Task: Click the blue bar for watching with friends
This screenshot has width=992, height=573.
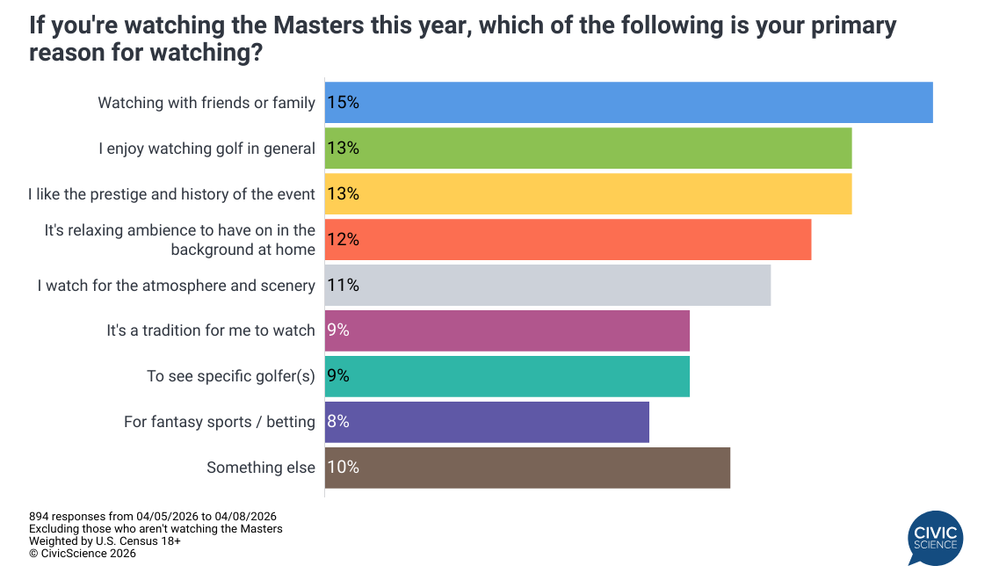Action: [628, 103]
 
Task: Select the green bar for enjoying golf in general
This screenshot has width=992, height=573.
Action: [588, 149]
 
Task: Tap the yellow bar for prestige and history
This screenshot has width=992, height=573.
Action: [588, 194]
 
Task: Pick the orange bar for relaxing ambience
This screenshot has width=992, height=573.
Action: [568, 240]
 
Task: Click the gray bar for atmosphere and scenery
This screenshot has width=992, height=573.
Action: [547, 286]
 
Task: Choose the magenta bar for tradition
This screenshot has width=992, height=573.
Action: [507, 330]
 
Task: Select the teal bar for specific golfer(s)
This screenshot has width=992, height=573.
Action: [507, 376]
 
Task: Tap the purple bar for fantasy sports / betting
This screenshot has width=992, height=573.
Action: [487, 422]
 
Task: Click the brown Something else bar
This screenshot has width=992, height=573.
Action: [527, 468]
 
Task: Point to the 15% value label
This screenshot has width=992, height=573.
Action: [343, 103]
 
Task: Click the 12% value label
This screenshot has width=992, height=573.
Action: [343, 240]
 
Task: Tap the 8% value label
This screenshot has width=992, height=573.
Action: [338, 422]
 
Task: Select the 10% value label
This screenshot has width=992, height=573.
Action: [343, 468]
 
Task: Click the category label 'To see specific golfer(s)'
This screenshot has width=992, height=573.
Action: [230, 376]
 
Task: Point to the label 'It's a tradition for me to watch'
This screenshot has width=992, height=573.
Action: [210, 330]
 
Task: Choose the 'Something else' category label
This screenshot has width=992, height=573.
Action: [260, 468]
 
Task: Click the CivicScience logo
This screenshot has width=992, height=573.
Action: [935, 538]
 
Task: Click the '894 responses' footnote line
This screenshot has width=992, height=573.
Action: [158, 516]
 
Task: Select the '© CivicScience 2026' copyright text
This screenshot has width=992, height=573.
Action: [82, 554]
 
